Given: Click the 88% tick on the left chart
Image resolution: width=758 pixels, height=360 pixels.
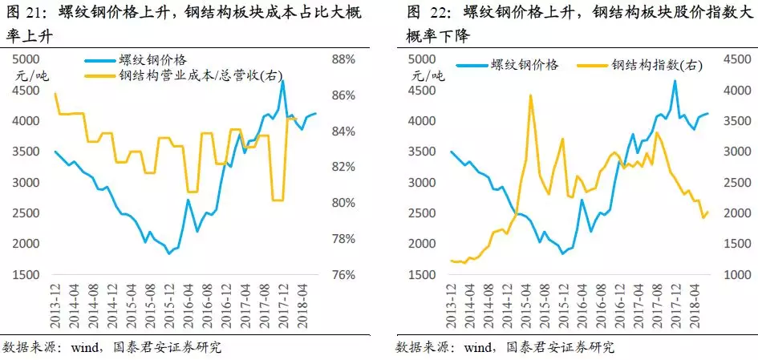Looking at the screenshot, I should tap(343, 60).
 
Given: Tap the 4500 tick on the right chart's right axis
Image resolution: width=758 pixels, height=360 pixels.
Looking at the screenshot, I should tap(736, 60).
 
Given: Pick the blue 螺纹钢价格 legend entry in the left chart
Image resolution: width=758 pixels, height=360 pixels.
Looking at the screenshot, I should tap(151, 60).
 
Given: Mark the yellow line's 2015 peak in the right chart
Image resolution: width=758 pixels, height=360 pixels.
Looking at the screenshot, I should tap(530, 95).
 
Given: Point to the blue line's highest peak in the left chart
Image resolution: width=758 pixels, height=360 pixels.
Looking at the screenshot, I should tap(283, 81).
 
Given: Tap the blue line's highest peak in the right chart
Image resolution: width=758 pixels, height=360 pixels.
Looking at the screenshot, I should tap(675, 80).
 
